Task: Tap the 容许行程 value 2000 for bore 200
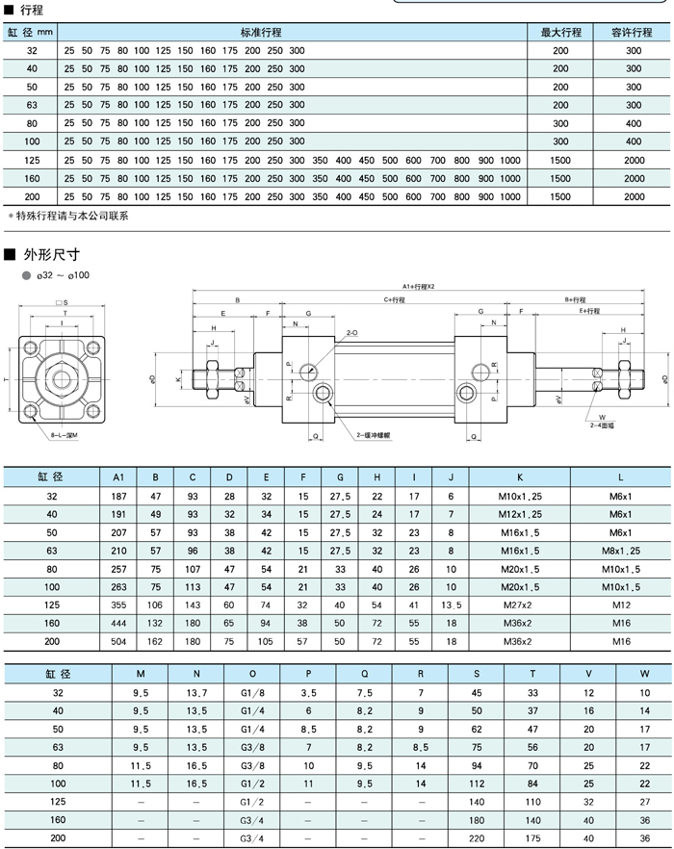(634, 196)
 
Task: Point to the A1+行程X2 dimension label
(419, 287)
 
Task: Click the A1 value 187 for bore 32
(118, 495)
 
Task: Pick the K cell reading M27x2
(520, 605)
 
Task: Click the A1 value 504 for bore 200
(118, 641)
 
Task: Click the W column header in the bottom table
(645, 675)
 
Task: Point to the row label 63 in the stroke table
(32, 105)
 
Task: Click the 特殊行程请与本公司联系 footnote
(68, 217)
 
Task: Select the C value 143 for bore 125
(192, 605)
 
